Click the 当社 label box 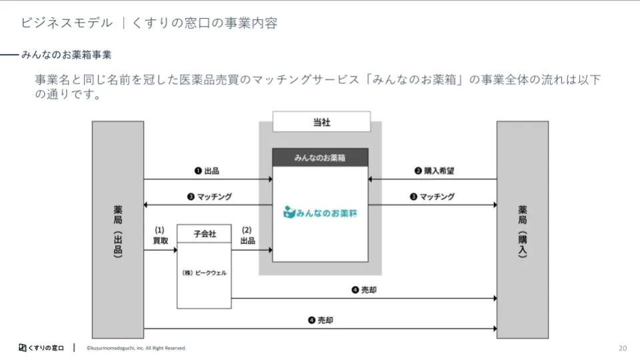click(321, 122)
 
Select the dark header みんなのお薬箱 click(320, 157)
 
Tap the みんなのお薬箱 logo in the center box click(320, 213)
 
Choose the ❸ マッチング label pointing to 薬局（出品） click(209, 197)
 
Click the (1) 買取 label click(160, 235)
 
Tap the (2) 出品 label click(247, 235)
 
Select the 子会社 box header click(205, 234)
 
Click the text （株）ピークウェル click(205, 273)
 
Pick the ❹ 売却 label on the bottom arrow click(321, 321)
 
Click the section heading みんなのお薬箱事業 click(66, 54)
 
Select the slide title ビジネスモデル click(67, 23)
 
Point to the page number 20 click(623, 348)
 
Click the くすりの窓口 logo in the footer click(41, 348)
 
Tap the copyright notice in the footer click(136, 348)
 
